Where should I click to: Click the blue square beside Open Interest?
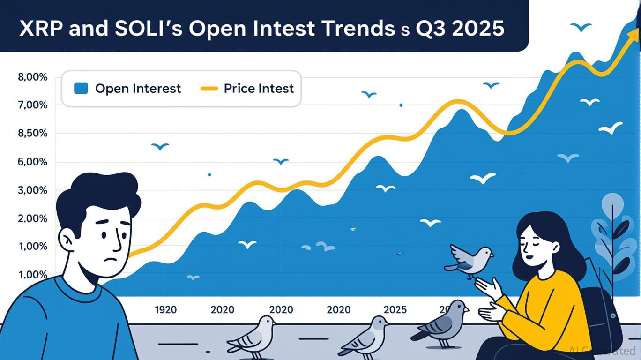(81, 88)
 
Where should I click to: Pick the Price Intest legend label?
(259, 88)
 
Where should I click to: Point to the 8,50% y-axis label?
(32, 134)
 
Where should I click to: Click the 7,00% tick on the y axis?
(32, 105)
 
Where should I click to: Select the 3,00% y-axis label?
(32, 190)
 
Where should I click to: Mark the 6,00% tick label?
(32, 162)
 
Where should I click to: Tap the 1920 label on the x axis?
(165, 309)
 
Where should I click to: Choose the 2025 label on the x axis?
(395, 309)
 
